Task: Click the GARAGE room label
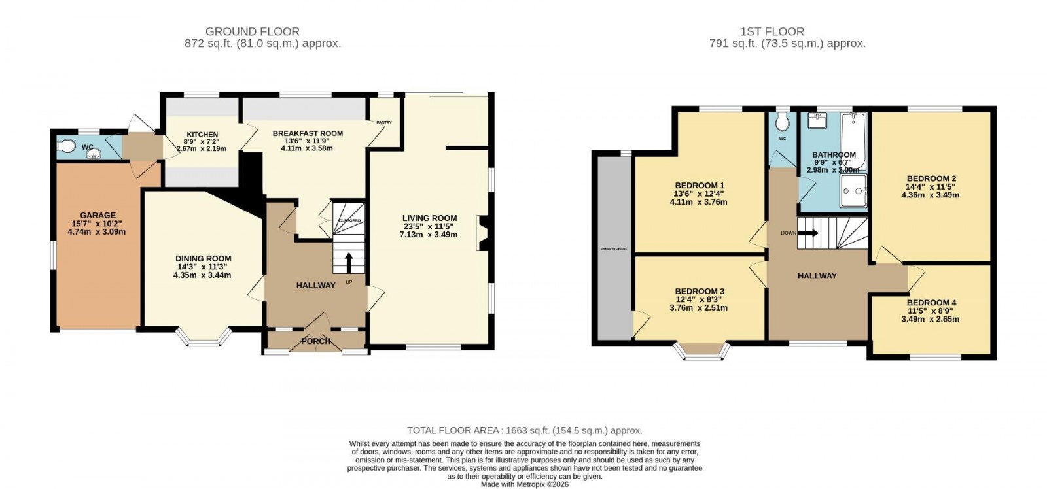(98, 215)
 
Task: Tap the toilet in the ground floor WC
(66, 147)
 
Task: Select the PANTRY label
(383, 122)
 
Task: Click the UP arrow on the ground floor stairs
(348, 263)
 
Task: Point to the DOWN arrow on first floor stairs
(808, 233)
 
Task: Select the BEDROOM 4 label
(931, 303)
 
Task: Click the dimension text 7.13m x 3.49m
(429, 235)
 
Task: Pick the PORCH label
(315, 341)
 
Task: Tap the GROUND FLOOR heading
(253, 31)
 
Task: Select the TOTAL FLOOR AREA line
(524, 430)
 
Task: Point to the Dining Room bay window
(205, 337)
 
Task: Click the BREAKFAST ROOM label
(308, 133)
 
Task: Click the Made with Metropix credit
(524, 484)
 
